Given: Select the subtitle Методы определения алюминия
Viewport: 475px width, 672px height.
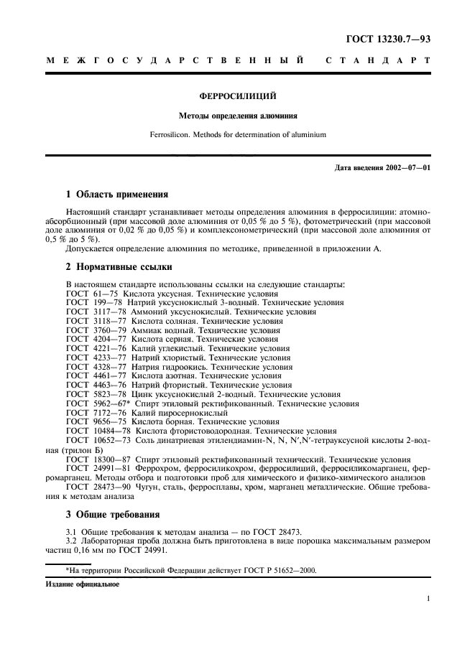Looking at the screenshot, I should click(x=238, y=115).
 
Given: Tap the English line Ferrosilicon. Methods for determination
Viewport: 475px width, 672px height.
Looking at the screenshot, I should click(x=238, y=134).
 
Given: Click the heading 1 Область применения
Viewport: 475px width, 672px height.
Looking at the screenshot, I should click(x=116, y=194).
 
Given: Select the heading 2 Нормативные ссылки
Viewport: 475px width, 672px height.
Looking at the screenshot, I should click(x=119, y=267).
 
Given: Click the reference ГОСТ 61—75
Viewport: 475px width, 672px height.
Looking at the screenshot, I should click(x=93, y=294).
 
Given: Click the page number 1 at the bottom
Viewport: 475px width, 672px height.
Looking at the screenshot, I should click(x=428, y=597).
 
